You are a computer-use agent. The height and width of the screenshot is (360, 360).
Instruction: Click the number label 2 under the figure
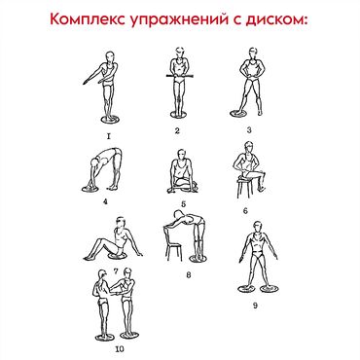coord(177,130)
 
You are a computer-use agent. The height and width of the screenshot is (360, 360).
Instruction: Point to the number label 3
coord(249,130)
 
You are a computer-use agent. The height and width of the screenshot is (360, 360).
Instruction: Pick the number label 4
coord(105,201)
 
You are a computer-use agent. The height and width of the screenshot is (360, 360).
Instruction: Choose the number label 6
coord(245,211)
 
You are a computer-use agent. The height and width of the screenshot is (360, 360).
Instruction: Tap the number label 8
coord(189,275)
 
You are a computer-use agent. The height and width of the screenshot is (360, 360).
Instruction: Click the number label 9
coord(255,306)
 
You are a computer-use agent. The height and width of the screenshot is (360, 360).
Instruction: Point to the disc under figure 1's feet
coord(110,120)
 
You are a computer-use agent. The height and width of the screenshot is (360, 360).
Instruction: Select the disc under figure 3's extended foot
coord(238,114)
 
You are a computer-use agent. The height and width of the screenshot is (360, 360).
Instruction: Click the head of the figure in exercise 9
coord(258,227)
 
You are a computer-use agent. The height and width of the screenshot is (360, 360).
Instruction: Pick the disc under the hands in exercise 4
coord(90,189)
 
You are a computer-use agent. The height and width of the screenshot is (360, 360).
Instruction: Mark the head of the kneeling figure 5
coord(182,156)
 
